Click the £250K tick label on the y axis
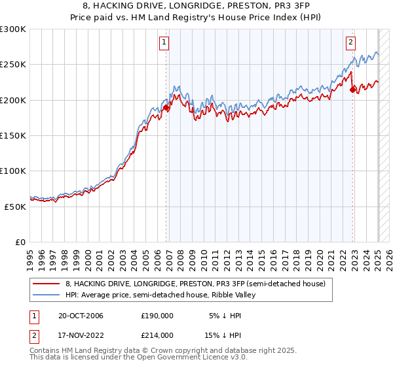pyautogui.click(x=13, y=65)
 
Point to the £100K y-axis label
pyautogui.click(x=13, y=171)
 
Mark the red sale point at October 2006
pyautogui.click(x=166, y=108)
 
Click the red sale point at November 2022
pyautogui.click(x=352, y=90)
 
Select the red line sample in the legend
pyautogui.click(x=47, y=284)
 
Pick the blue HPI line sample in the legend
pyautogui.click(x=47, y=295)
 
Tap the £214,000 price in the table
pyautogui.click(x=157, y=335)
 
